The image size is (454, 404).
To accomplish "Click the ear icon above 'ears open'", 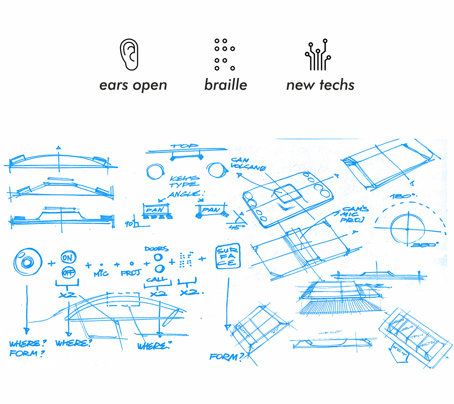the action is (129, 55).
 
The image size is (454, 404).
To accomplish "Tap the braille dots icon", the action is (224, 54).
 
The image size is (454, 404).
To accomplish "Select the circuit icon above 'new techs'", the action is (318, 55).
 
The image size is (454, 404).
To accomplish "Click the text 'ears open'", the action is (133, 85).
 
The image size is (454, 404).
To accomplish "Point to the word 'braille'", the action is (226, 85).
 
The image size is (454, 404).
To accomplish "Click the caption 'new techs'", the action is (320, 85).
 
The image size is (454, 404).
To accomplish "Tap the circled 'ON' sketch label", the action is (68, 258).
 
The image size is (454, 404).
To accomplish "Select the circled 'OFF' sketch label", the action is (68, 273).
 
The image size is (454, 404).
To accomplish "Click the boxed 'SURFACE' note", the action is (228, 256).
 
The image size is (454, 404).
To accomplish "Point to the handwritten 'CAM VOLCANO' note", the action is (248, 164).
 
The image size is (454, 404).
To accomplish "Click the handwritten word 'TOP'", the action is (185, 146).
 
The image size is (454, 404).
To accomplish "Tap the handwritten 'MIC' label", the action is (101, 274).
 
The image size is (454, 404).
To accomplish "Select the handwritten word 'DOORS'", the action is (157, 249).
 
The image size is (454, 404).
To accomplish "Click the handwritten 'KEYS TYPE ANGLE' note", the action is (185, 186).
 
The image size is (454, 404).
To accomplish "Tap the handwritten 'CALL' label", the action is (157, 279).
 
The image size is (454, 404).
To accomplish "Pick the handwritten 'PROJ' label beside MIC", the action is (131, 273).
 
